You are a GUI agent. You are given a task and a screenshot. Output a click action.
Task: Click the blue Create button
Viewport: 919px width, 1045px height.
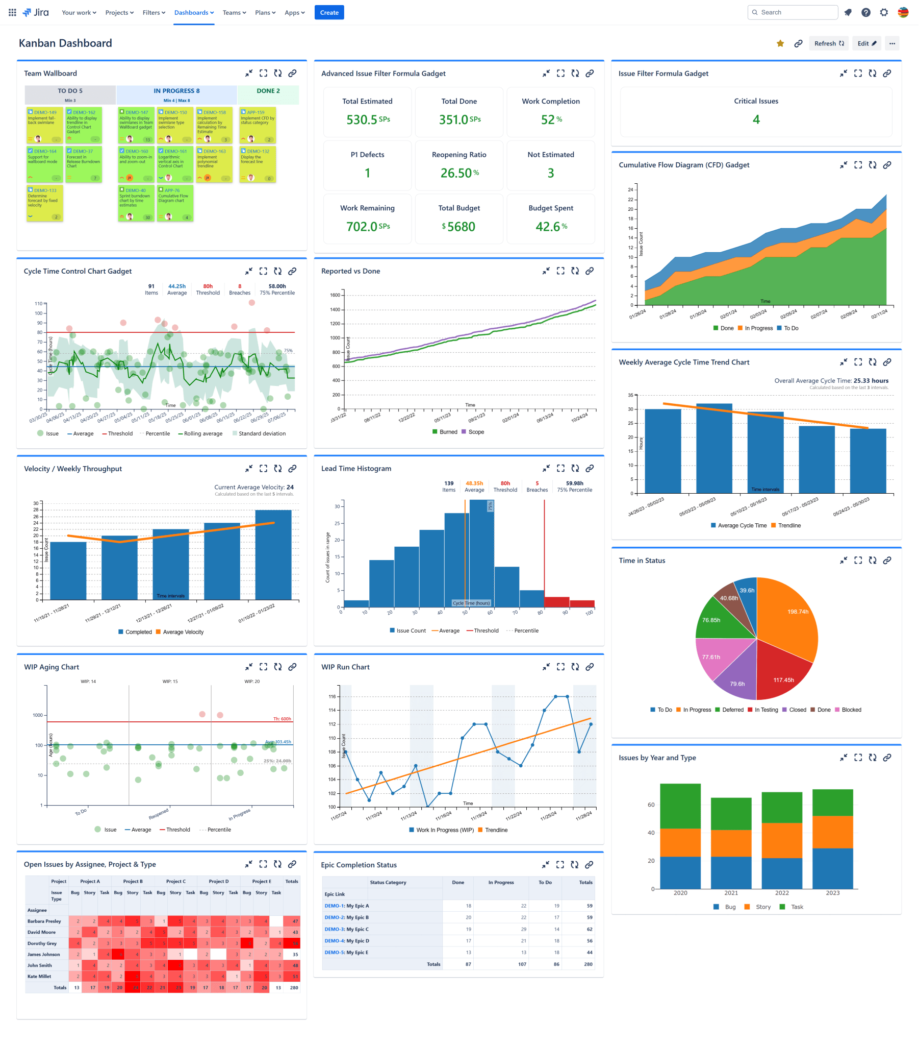329,12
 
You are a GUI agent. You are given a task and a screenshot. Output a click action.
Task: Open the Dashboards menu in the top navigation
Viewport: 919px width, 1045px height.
194,12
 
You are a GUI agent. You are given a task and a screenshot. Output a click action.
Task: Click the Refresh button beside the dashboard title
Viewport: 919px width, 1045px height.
828,43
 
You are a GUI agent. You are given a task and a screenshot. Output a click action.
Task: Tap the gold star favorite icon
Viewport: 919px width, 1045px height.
780,43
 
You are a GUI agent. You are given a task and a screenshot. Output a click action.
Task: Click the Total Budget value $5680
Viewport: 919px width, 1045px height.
458,227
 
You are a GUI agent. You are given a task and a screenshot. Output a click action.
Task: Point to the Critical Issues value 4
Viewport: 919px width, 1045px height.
755,119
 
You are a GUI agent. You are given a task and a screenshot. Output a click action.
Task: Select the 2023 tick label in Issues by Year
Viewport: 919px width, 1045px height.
832,893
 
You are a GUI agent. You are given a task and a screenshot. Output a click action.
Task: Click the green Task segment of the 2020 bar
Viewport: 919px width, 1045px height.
680,805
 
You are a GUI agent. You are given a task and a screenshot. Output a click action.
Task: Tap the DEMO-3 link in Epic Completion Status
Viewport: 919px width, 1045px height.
334,929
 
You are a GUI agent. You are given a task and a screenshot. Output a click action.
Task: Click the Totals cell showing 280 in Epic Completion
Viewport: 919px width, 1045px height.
588,964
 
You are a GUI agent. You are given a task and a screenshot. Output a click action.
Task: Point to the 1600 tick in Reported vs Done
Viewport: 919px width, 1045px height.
335,295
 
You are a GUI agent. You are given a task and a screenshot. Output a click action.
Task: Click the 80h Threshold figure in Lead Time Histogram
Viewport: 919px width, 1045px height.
505,483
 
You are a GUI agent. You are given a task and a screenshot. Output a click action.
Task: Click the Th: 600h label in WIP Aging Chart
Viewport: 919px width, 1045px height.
282,719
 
